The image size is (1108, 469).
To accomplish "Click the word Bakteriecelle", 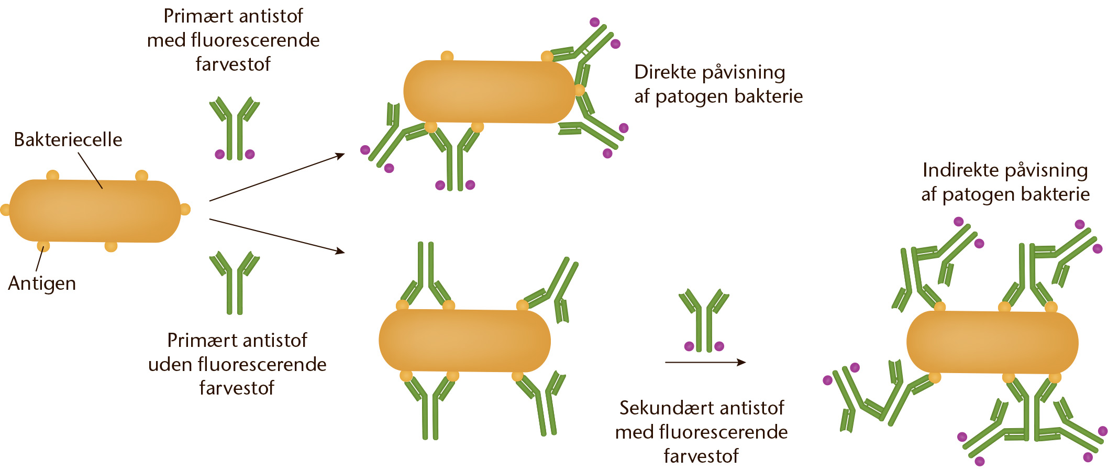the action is coord(68,139).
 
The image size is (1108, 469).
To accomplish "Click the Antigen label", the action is coord(42,283).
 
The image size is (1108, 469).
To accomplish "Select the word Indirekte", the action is coord(957,170).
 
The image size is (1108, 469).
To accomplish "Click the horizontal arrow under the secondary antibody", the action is coord(705,362).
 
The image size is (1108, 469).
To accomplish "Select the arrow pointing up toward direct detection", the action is coord(277,177).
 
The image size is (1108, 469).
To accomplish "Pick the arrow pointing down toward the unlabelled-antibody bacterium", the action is coord(277,236).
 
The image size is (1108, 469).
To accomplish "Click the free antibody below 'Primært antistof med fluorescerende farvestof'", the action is coord(234,128).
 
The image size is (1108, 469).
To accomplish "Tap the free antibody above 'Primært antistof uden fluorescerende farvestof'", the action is coord(234,283).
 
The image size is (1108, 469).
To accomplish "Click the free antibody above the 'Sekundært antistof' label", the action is coord(704,320).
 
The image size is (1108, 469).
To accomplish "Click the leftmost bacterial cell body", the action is coord(95,211).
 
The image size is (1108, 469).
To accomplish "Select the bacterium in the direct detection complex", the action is coord(490,92).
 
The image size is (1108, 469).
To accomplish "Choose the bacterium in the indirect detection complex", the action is coord(992,342).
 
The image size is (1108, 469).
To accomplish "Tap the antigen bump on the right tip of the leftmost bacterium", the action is coord(185,210).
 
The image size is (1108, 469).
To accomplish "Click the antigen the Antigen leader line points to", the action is coord(43,246).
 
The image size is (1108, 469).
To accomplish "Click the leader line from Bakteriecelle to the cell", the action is coord(90,170).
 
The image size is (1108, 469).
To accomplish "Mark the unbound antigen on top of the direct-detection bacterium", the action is coord(447,56).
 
